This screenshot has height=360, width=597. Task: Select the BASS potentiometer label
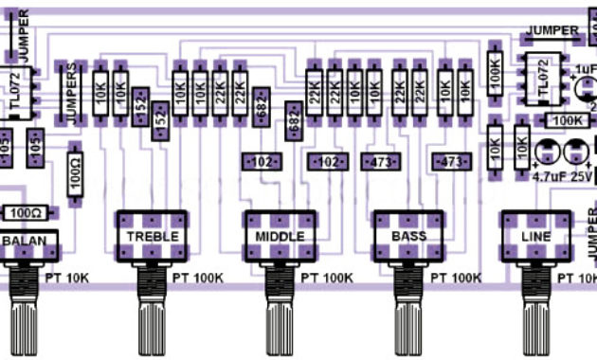(x=408, y=235)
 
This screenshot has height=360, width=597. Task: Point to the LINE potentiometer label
(x=536, y=235)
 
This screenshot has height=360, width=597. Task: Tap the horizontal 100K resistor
(x=566, y=121)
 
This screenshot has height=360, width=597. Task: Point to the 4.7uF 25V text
(x=561, y=176)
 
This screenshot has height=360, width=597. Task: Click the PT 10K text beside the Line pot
(x=576, y=279)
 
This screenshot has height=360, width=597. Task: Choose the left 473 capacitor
(x=381, y=162)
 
